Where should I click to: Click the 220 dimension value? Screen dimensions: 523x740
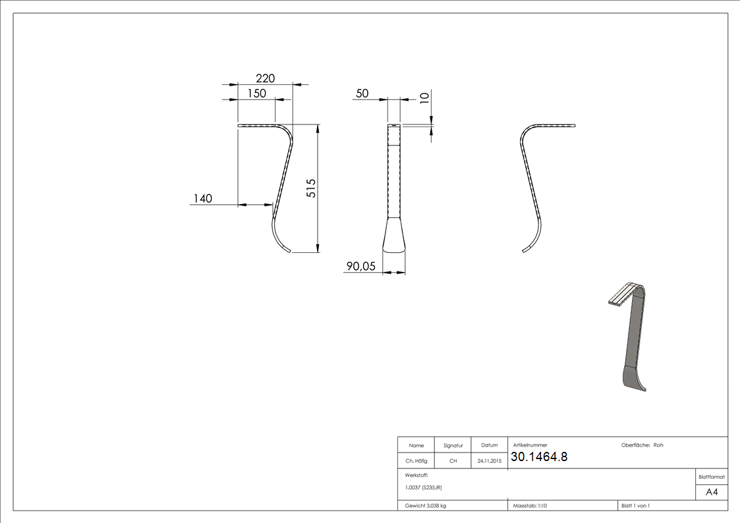pyautogui.click(x=265, y=78)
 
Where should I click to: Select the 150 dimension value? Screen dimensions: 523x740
pyautogui.click(x=256, y=94)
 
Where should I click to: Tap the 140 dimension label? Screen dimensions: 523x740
pyautogui.click(x=203, y=198)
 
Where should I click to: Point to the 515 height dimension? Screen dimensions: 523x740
pyautogui.click(x=312, y=188)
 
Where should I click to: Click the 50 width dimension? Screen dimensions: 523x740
pyautogui.click(x=362, y=94)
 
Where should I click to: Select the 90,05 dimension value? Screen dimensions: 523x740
pyautogui.click(x=360, y=266)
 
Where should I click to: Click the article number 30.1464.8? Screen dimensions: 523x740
pyautogui.click(x=538, y=456)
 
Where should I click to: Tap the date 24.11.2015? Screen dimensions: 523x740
pyautogui.click(x=489, y=461)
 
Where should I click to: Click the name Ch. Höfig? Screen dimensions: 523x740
pyautogui.click(x=416, y=461)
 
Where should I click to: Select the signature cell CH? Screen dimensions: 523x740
pyautogui.click(x=453, y=461)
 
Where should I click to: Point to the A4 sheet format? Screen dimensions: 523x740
pyautogui.click(x=712, y=492)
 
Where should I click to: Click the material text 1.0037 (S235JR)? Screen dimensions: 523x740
pyautogui.click(x=424, y=487)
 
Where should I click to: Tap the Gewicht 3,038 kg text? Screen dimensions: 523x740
pyautogui.click(x=426, y=506)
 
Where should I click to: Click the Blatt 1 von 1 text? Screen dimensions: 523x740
pyautogui.click(x=636, y=506)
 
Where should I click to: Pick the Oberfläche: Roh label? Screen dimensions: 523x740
pyautogui.click(x=642, y=445)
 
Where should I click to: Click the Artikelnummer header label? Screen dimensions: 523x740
pyautogui.click(x=530, y=445)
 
